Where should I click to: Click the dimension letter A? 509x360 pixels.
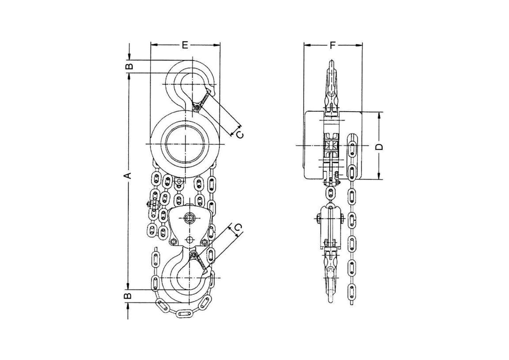tap(128, 176)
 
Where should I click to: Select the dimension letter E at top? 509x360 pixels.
tap(185, 45)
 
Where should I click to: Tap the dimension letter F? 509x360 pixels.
tap(333, 45)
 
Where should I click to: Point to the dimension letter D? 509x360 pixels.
tap(379, 147)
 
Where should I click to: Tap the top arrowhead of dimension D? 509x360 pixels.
tap(379, 115)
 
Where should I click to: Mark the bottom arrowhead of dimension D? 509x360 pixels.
tap(379, 176)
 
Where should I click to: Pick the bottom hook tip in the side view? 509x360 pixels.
tap(331, 301)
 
